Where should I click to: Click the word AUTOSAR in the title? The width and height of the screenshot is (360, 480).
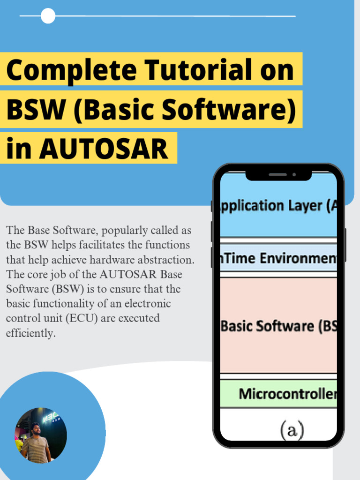click(104, 149)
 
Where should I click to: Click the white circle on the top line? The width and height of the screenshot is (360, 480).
click(48, 16)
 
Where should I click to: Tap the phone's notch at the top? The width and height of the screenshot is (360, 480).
click(278, 175)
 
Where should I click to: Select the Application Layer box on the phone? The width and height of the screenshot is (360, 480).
click(278, 206)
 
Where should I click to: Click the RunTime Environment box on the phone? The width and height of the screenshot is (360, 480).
click(278, 258)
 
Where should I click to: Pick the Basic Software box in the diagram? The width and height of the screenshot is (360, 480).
click(278, 326)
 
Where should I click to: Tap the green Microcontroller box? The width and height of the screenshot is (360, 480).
click(278, 394)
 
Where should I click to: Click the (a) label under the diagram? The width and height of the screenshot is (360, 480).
click(292, 429)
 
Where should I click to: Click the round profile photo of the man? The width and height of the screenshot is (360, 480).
click(41, 435)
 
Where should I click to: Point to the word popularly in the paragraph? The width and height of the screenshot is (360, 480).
click(123, 231)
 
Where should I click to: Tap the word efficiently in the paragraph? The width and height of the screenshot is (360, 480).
click(30, 333)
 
